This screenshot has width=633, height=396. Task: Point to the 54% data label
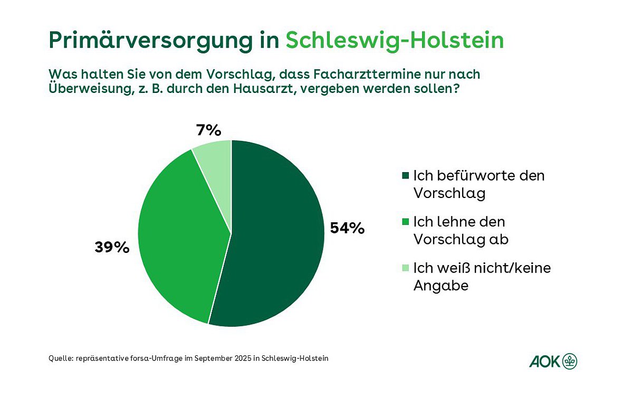tap(347, 228)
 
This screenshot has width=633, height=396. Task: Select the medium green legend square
tap(405, 222)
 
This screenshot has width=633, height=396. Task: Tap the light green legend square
tap(405, 268)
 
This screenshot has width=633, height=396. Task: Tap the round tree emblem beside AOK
tap(570, 362)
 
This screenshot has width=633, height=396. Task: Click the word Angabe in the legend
tap(441, 286)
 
